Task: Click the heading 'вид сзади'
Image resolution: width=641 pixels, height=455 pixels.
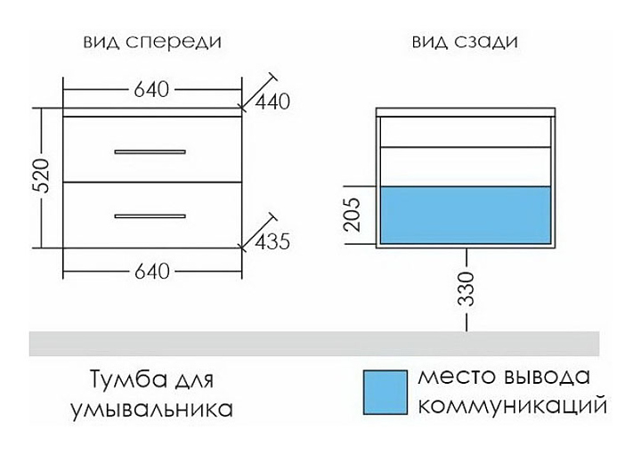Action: pos(465,43)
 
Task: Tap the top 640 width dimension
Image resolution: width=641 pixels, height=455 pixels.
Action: pos(151,89)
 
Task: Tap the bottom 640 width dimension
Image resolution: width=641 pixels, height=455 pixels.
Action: pos(151,272)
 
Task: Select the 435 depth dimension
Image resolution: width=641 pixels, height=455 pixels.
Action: pos(272,241)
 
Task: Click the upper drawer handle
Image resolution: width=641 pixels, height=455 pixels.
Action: pos(150,152)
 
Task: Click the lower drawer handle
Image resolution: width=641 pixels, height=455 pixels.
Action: pos(150,215)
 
